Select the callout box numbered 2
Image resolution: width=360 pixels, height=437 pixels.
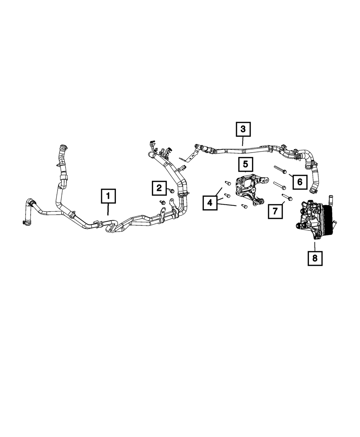click(x=159, y=187)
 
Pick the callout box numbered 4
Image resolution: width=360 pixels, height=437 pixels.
click(x=210, y=203)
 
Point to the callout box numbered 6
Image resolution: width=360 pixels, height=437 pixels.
click(x=300, y=182)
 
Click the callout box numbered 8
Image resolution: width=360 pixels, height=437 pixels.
click(x=315, y=258)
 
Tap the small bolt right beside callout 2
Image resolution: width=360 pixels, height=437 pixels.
click(x=172, y=190)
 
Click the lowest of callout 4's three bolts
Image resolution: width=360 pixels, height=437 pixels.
click(x=244, y=207)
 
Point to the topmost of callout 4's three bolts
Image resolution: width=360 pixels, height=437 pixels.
click(x=228, y=183)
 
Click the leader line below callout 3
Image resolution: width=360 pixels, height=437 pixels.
click(x=243, y=141)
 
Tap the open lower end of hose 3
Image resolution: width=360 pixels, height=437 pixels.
click(x=312, y=187)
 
